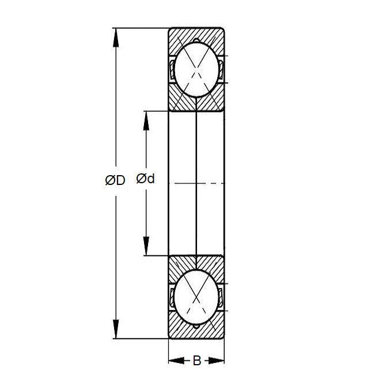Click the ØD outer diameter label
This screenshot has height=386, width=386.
click(115, 180)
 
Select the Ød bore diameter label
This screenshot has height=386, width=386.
click(145, 179)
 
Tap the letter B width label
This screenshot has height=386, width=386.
click(196, 361)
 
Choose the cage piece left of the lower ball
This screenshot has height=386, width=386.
click(172, 297)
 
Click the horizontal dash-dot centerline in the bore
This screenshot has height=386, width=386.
click(196, 183)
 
